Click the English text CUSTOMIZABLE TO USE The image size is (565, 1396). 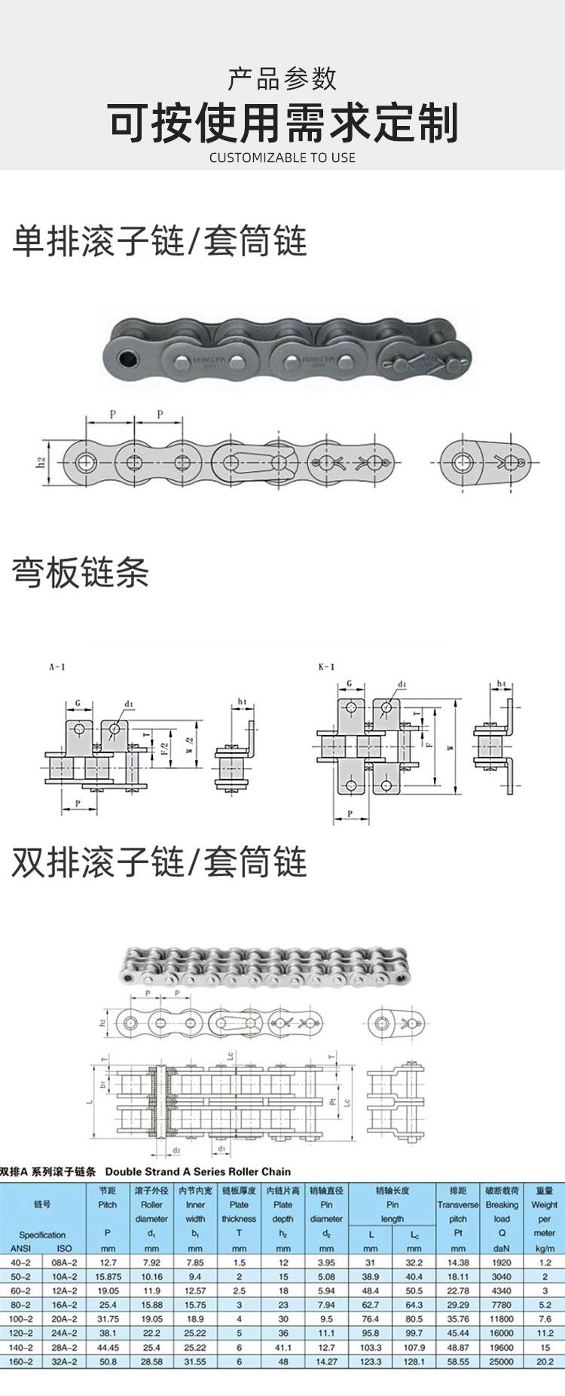tap(282, 158)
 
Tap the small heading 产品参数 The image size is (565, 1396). tap(282, 78)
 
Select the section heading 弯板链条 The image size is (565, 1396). tap(80, 573)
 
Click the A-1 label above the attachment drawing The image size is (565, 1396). tap(57, 667)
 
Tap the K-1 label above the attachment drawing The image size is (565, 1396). tap(326, 667)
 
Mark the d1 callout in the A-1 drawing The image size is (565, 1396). tap(129, 704)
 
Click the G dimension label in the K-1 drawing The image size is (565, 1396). tap(350, 684)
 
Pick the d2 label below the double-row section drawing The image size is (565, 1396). tap(176, 1151)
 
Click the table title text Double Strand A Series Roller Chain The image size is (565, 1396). tap(197, 1171)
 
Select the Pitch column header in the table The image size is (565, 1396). tap(108, 1205)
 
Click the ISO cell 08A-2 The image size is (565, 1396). tap(64, 1263)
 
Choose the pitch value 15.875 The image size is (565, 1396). tap(108, 1277)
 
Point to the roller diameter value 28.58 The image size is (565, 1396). tap(151, 1362)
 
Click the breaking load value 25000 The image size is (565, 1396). tap(502, 1362)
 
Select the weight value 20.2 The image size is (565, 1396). tap(545, 1362)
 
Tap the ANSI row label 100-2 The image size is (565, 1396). tap(21, 1319)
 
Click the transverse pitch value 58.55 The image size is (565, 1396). tap(458, 1362)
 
